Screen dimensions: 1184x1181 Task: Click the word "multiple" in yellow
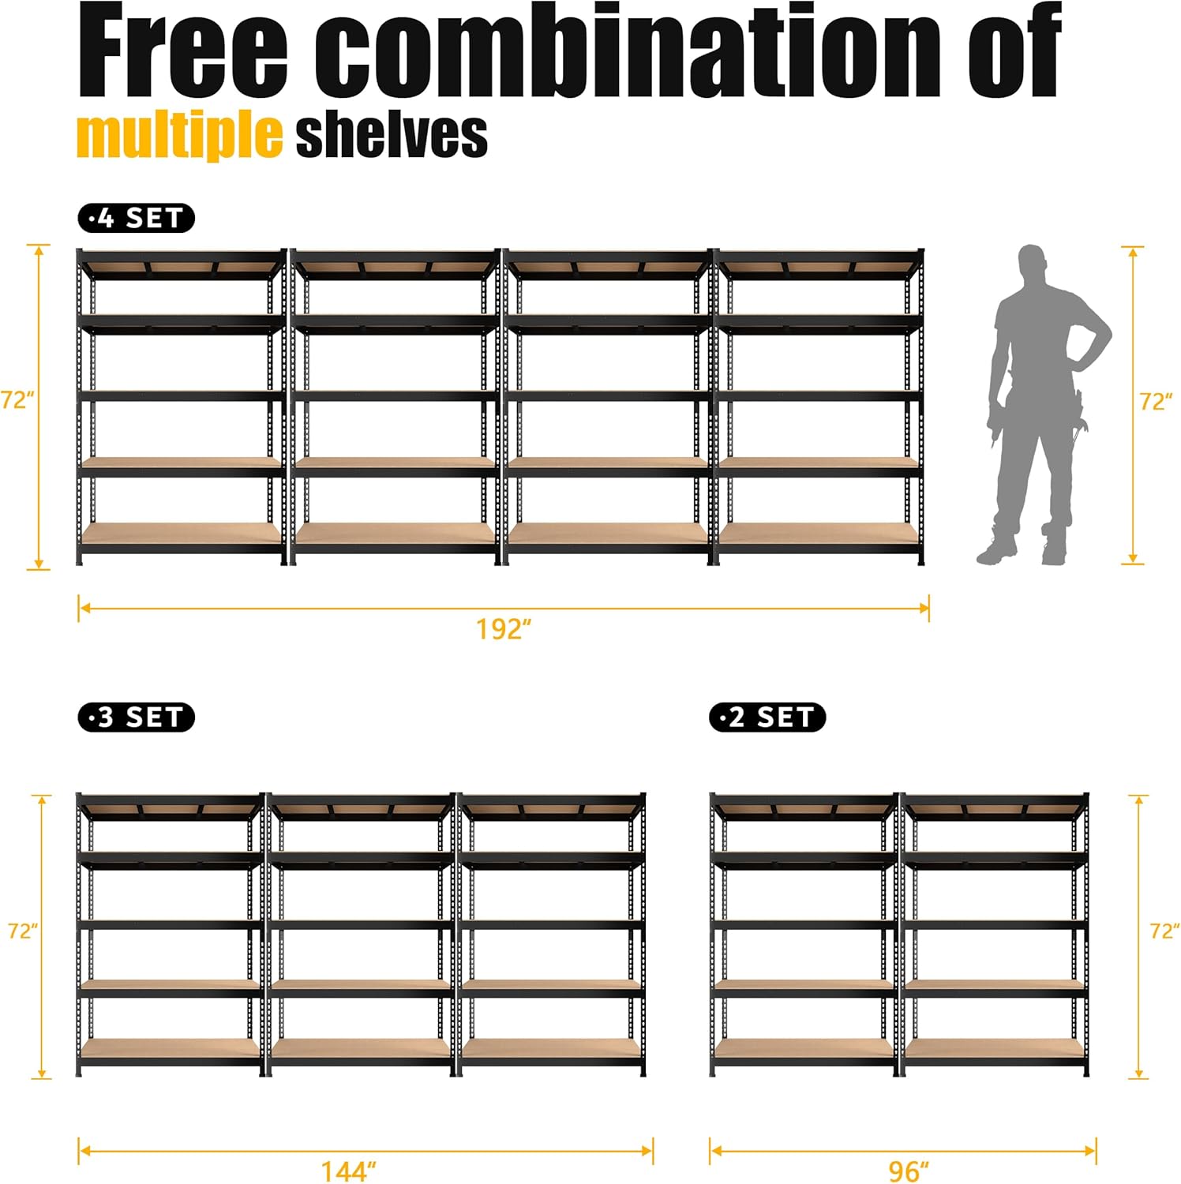[179, 136]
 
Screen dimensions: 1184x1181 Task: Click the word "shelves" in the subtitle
[392, 136]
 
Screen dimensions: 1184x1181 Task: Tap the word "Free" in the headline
[183, 51]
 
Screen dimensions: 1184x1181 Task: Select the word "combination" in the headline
[628, 51]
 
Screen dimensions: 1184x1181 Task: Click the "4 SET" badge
[136, 218]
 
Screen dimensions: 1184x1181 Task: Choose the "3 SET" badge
[136, 718]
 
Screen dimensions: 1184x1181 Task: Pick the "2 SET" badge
[767, 718]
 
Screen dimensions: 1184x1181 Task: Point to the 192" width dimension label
[504, 629]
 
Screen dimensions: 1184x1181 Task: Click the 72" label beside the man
[1156, 403]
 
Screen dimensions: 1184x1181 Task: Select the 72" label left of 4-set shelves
[17, 400]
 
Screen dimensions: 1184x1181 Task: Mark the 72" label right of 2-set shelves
[1164, 931]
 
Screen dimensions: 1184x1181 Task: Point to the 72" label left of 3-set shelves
[23, 931]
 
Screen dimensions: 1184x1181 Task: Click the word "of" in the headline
[1014, 51]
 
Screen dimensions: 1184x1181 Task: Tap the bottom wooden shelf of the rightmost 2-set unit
[994, 1047]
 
